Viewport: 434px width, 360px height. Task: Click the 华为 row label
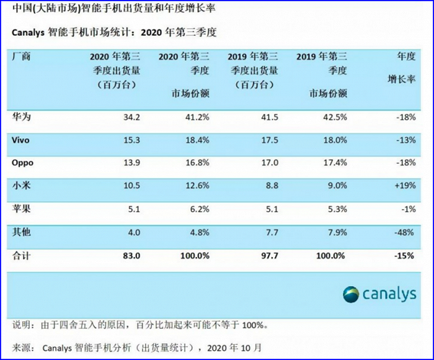21,117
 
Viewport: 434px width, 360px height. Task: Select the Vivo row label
20,140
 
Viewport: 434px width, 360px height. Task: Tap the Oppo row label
22,163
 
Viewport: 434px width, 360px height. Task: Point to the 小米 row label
21,186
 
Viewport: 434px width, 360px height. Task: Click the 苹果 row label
21,209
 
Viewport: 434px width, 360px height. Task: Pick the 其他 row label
21,232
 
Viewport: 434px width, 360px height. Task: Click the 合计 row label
21,256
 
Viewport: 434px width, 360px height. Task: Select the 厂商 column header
21,56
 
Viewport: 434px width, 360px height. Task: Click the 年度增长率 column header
402,68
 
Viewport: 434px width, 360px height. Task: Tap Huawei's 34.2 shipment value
131,117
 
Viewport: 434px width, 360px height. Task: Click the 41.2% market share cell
197,117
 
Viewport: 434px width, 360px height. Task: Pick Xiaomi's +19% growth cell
405,186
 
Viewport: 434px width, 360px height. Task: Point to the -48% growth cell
404,232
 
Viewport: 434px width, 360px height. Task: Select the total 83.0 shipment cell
131,256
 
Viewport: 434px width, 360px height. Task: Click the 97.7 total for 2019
270,256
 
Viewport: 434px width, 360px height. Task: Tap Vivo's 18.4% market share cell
197,140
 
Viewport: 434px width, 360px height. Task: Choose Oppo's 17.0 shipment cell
270,163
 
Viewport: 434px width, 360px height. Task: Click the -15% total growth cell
404,256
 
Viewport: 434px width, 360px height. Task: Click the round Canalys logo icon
351,294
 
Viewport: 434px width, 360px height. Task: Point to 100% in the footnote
253,325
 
